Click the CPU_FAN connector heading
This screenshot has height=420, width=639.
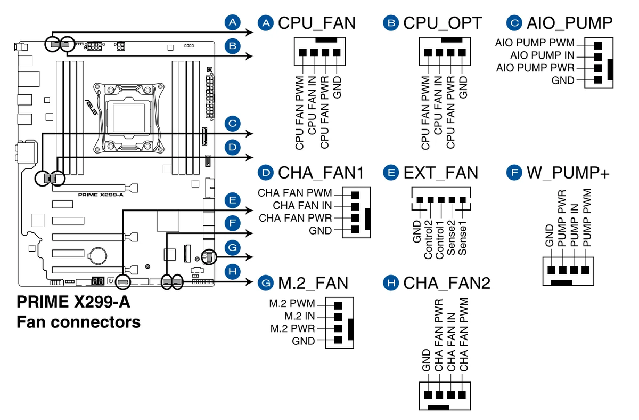coord(316,23)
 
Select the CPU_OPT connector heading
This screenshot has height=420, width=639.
coord(442,23)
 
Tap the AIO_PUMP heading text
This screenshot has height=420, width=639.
coord(569,23)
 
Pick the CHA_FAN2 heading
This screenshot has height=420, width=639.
coord(446,282)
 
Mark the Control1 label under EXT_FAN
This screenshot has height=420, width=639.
coord(440,236)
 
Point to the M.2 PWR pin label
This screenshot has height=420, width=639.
coord(292,328)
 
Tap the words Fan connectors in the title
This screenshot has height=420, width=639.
coord(78,322)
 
